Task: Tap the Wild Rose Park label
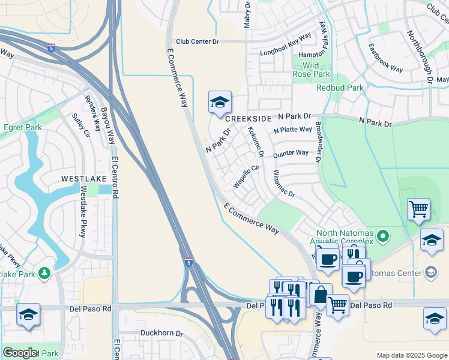click(311, 70)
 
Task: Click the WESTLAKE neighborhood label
click(83, 179)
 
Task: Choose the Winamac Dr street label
click(284, 184)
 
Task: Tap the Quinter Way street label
click(291, 154)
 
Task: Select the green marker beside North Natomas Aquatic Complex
click(385, 235)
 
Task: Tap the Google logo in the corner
click(20, 353)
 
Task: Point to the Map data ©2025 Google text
click(411, 355)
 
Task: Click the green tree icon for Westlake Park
click(44, 274)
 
